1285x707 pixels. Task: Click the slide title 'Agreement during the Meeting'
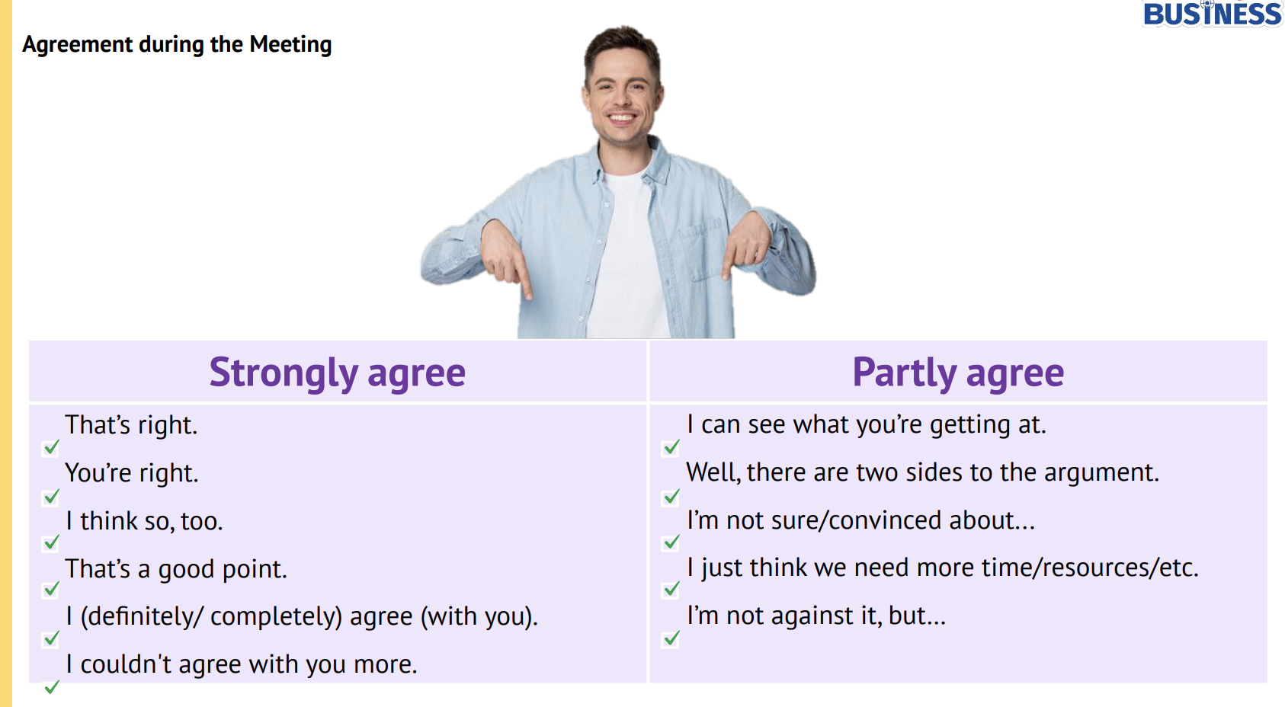coord(177,45)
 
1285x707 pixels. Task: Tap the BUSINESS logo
coord(1213,14)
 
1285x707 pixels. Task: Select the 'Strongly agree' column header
coord(338,373)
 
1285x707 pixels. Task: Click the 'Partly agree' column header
coord(958,373)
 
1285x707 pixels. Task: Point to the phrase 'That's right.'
coord(131,425)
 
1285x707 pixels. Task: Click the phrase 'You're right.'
coord(132,474)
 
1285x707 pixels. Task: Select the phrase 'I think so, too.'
coord(144,521)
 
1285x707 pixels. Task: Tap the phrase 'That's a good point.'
coord(176,569)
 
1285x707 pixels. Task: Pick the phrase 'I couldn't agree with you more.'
coord(242,664)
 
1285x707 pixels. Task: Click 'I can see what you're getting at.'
coord(867,425)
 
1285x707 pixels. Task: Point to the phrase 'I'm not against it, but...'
coord(816,616)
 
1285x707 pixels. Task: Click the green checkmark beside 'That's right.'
coord(51,447)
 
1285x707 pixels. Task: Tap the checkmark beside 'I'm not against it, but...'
coord(671,638)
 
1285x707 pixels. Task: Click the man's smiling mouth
coord(621,119)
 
